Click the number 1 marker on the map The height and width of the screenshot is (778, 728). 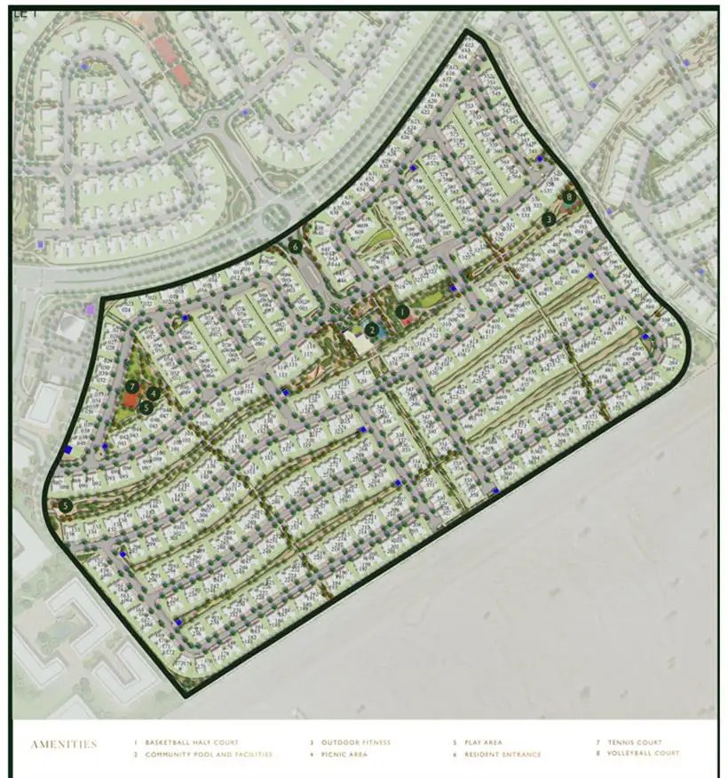pyautogui.click(x=403, y=312)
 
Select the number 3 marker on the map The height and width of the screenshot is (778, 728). pyautogui.click(x=550, y=218)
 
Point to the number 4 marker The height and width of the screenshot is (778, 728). pyautogui.click(x=154, y=393)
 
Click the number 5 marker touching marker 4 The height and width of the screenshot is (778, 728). pyautogui.click(x=146, y=407)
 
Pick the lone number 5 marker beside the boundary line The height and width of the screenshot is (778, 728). pyautogui.click(x=66, y=505)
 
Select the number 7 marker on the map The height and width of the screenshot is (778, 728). pyautogui.click(x=131, y=386)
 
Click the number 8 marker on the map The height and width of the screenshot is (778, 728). pyautogui.click(x=569, y=197)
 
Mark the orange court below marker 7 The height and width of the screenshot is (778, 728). pyautogui.click(x=131, y=401)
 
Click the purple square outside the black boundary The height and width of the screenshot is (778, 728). pyautogui.click(x=89, y=309)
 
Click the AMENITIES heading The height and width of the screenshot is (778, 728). pyautogui.click(x=63, y=744)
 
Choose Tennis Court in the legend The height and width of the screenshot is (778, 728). pyautogui.click(x=637, y=742)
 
